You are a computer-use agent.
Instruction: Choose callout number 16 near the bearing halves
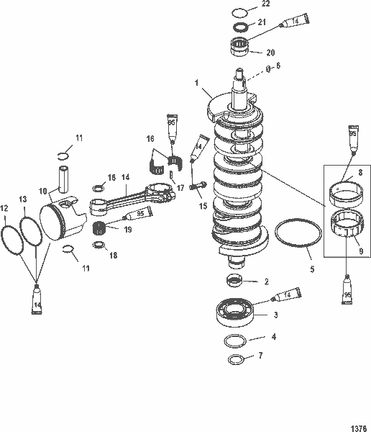150,138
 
